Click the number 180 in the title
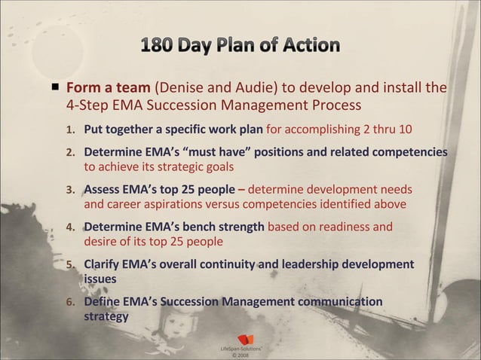click(157, 45)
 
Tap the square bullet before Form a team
click(56, 87)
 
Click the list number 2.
click(72, 152)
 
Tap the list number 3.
click(72, 190)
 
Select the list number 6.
click(72, 303)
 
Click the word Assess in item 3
click(103, 189)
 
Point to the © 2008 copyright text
click(239, 355)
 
